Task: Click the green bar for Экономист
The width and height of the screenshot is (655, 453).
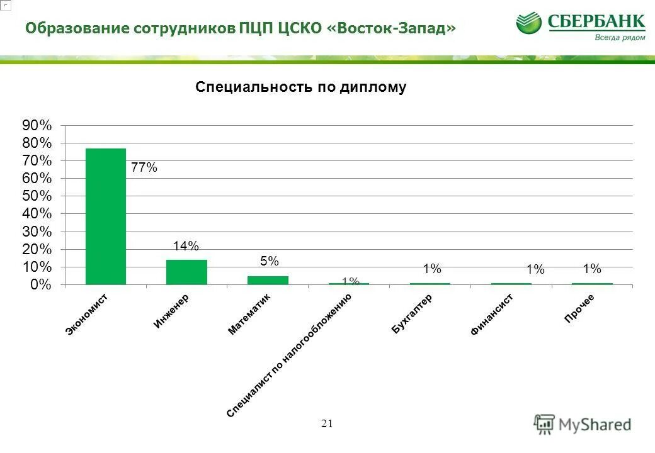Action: coord(106,216)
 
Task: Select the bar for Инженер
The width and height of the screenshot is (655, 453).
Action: coord(186,272)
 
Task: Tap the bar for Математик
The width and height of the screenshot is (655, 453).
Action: coord(268,280)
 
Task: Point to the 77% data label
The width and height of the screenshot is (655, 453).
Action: coord(144,168)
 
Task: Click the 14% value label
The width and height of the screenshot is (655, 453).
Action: coord(186,246)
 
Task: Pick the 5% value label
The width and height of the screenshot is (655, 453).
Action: coord(269,261)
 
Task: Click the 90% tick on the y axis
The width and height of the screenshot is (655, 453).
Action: coord(38,125)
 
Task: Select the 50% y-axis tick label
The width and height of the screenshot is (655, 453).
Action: coord(38,196)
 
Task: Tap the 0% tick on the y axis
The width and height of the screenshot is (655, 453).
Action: coord(41,285)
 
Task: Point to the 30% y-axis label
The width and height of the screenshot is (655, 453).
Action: coord(38,232)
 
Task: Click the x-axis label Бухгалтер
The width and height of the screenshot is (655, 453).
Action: coord(411,313)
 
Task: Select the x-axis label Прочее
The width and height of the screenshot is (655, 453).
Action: coord(579,308)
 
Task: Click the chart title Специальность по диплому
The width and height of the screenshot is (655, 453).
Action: coord(301,87)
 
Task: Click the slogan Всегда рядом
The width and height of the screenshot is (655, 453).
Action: coord(620,38)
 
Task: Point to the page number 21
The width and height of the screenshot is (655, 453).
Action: coord(326,423)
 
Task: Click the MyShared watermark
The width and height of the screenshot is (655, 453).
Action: coord(583,424)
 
